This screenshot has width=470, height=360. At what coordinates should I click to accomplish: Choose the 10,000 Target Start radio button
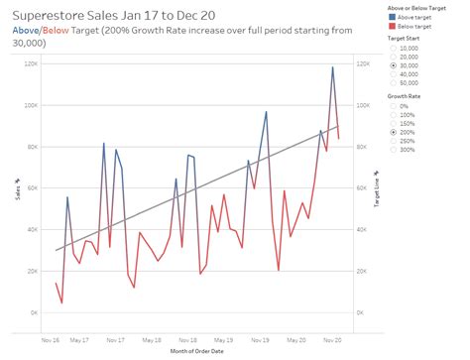click(396, 48)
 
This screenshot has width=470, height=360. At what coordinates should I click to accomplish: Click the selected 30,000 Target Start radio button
click(396, 64)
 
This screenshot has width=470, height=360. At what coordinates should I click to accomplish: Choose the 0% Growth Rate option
click(396, 106)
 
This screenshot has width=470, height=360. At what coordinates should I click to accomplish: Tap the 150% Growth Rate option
click(396, 123)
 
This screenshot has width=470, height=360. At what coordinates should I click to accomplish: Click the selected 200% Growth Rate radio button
click(396, 131)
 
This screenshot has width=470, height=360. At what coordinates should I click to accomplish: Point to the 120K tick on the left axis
click(31, 63)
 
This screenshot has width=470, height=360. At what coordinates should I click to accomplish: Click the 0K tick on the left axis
click(34, 312)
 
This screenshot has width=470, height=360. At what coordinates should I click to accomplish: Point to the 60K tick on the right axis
click(363, 187)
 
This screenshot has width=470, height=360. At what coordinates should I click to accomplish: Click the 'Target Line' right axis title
click(378, 188)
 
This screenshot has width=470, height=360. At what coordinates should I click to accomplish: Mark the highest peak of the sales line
click(332, 67)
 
